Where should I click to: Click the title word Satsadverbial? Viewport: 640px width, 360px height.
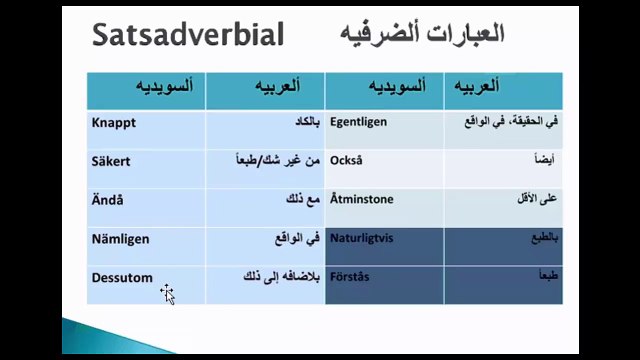coord(187,35)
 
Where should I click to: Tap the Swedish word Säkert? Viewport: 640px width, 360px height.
coord(112,161)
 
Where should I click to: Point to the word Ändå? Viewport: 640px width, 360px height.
coord(107,199)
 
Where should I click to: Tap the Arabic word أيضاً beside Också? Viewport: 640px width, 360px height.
coord(541,161)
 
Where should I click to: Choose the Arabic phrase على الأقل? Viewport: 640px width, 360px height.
coord(535,199)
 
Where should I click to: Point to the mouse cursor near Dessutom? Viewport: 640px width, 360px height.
coord(167,293)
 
